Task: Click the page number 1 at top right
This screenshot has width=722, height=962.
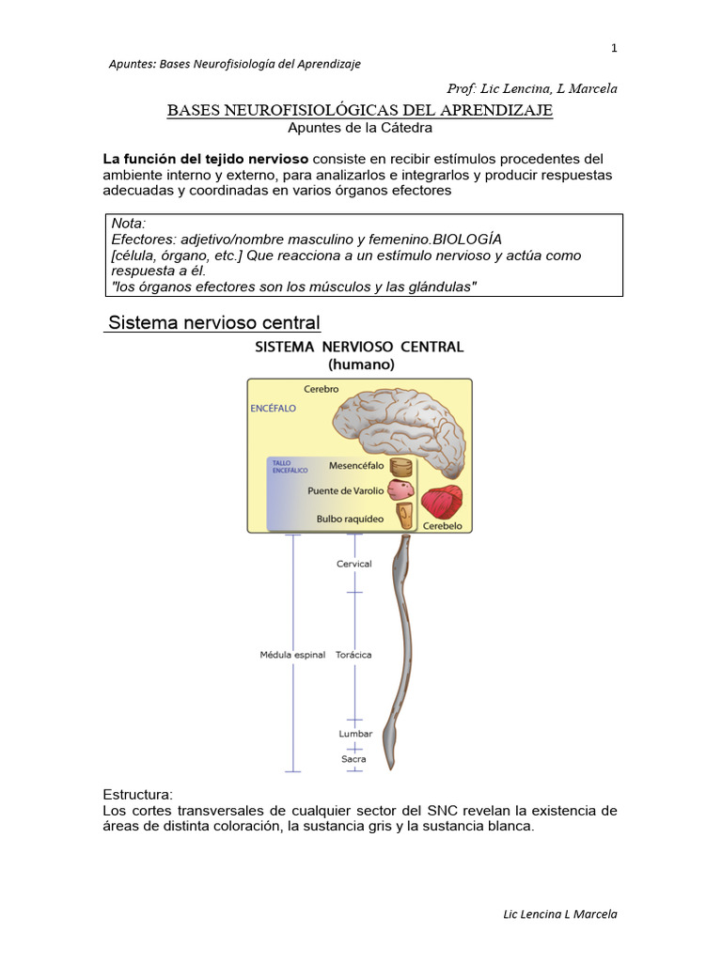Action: click(x=614, y=48)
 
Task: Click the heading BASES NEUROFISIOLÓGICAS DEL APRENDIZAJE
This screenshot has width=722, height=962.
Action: click(x=360, y=111)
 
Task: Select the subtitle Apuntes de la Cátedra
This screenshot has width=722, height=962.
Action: click(x=360, y=128)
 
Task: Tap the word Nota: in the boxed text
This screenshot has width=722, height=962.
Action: click(x=129, y=224)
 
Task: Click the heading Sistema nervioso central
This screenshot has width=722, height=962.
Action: click(x=214, y=323)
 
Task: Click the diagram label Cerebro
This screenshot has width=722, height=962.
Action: click(x=322, y=388)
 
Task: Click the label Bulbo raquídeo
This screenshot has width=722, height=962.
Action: click(x=350, y=517)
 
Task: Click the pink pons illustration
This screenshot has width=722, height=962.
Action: click(x=400, y=489)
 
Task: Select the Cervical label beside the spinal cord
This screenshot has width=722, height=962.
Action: click(x=354, y=564)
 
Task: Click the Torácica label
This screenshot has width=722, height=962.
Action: click(x=353, y=655)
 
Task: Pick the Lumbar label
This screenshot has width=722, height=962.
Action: click(x=355, y=734)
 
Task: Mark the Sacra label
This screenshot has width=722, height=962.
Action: click(x=354, y=758)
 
